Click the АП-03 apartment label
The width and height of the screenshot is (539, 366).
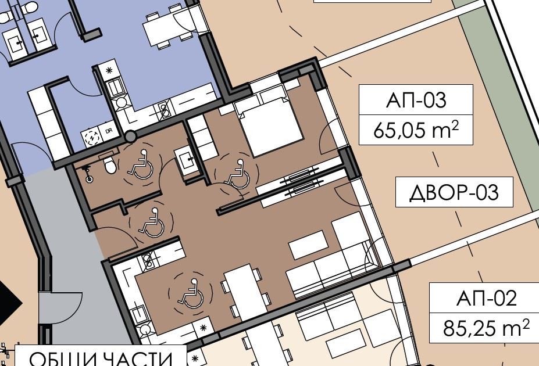coord(416,100)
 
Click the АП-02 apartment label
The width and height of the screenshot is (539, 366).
coord(486,299)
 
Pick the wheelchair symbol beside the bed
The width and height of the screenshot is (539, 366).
coord(236,175)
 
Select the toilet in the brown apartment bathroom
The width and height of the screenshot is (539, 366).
coord(109,165)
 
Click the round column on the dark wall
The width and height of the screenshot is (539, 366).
coord(131,137)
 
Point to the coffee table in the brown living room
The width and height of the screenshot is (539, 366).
coord(308,245)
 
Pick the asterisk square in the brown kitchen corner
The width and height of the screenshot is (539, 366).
coord(203,328)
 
